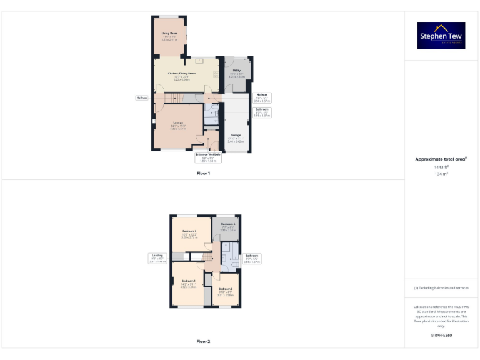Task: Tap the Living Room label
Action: tap(169, 34)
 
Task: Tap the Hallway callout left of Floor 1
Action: tap(142, 97)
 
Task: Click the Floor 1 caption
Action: tap(203, 173)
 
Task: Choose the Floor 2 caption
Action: tap(203, 342)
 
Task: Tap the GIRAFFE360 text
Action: tap(441, 336)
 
